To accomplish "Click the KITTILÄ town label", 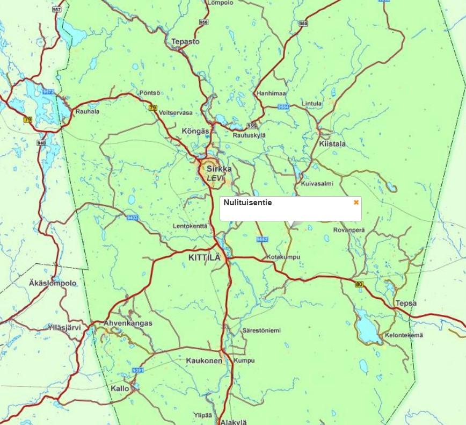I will [x=204, y=257].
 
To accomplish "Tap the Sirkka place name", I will [x=219, y=169].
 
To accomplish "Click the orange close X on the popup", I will [x=356, y=203].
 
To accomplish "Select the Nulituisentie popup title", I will [x=247, y=203].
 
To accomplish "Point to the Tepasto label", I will [x=185, y=41].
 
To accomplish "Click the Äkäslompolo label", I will [x=53, y=283].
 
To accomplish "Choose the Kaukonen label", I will [x=203, y=361].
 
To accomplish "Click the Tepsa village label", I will [x=405, y=303].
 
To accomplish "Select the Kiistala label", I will [x=332, y=144].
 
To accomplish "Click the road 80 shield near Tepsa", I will [x=358, y=284].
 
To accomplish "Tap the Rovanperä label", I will [x=348, y=230].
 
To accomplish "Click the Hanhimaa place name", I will [x=271, y=93].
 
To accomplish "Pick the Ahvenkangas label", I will [x=127, y=323].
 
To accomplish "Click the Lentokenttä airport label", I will [x=190, y=226].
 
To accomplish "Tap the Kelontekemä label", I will [x=404, y=336].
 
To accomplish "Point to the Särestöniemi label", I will [x=261, y=330].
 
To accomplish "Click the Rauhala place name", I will [x=88, y=112].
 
